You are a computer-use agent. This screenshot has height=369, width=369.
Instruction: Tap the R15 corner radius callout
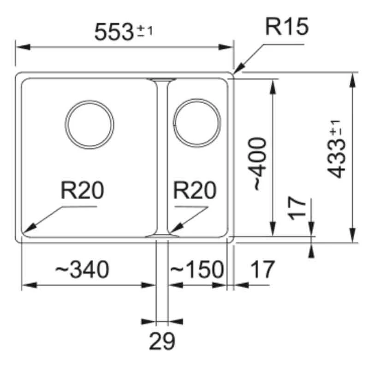[x=286, y=28]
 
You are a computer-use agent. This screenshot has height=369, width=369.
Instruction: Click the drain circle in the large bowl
[x=89, y=125]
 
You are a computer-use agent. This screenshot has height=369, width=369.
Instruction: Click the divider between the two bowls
[x=162, y=157]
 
